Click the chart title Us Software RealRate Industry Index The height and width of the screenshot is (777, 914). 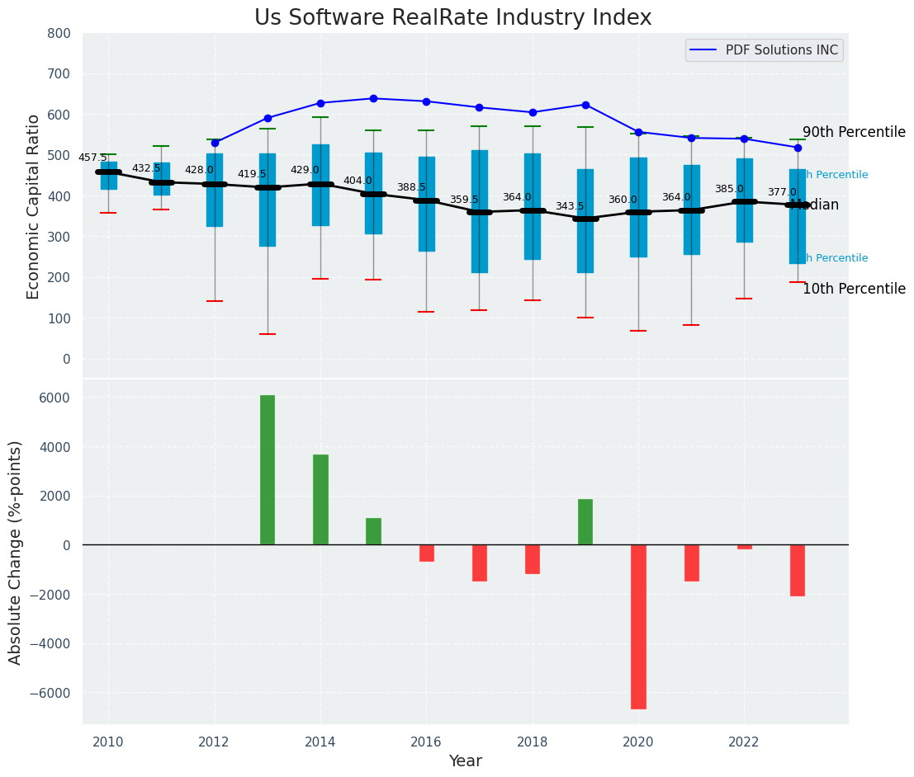coord(452,18)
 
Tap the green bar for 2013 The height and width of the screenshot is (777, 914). coord(268,470)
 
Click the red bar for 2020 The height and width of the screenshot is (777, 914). coord(638,627)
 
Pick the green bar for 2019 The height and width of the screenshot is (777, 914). coord(585,521)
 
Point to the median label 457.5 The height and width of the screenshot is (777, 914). coord(92,158)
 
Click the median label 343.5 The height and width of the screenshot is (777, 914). coord(570,206)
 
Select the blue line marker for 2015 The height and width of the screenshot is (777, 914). coord(373,98)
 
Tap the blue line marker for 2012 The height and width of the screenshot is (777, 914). coord(215,143)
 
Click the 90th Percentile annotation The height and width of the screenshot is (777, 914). coord(854,132)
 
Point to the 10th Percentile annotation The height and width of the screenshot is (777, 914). coord(854,289)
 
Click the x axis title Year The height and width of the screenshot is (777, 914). coord(465,761)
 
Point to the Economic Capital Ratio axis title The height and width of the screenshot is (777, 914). coord(34,206)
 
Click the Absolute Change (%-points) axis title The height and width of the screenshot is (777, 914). coord(16,552)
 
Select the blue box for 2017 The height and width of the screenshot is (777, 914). coord(480,211)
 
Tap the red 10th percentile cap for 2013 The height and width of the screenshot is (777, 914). coord(268,334)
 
